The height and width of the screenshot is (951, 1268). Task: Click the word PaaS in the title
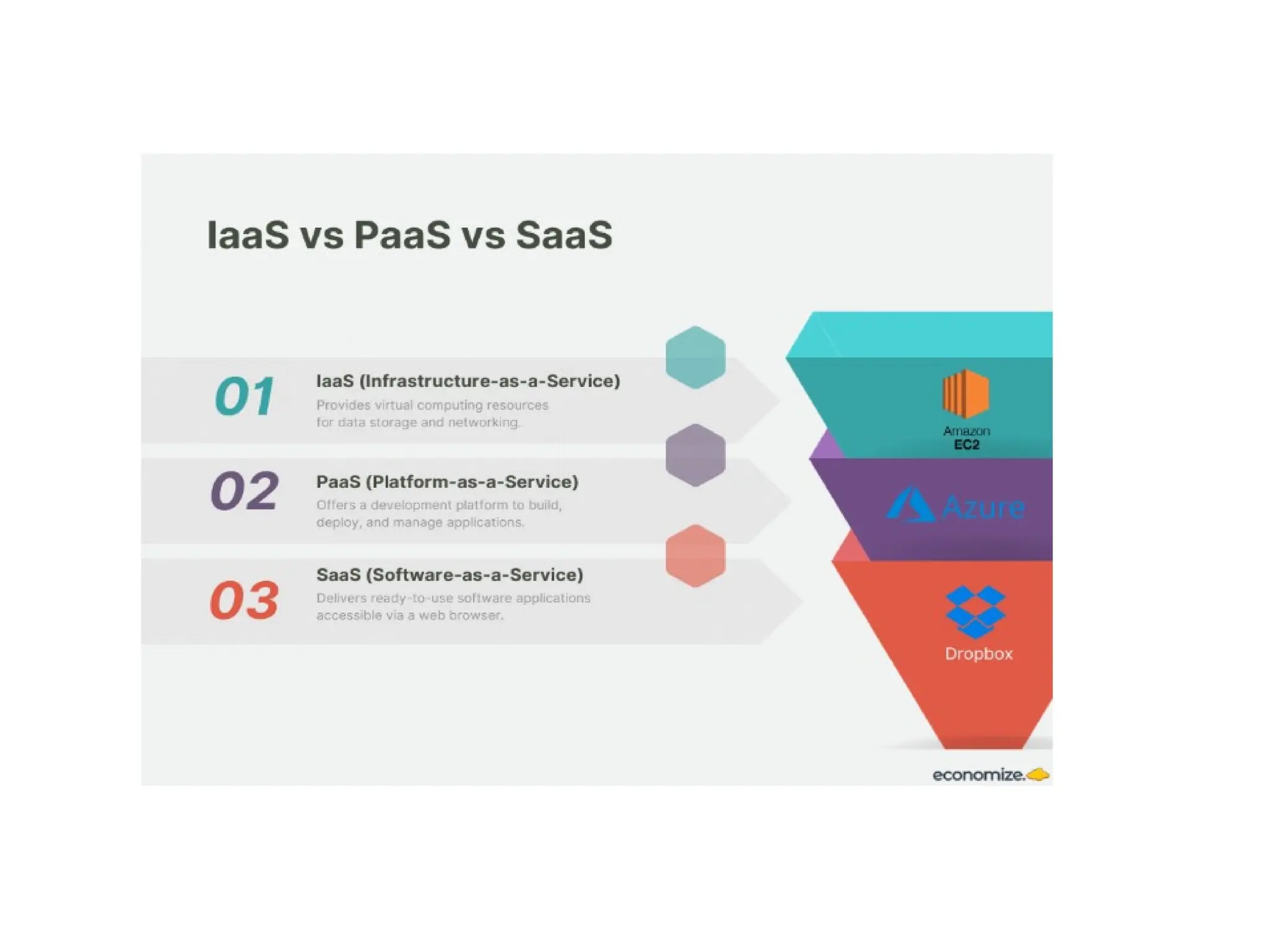point(402,235)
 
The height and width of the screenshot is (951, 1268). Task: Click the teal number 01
point(245,396)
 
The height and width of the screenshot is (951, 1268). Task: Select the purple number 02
point(245,491)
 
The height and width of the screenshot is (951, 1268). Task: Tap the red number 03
point(245,600)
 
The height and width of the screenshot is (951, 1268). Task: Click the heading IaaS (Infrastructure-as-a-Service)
point(468,381)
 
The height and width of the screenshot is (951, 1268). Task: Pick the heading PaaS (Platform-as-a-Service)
point(447,482)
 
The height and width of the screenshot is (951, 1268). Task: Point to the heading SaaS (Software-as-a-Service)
point(449,575)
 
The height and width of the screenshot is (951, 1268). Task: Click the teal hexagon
point(695,357)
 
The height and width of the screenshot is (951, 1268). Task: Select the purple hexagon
point(695,455)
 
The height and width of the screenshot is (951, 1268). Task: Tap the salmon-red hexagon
point(695,555)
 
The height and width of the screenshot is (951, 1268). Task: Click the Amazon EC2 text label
point(966,438)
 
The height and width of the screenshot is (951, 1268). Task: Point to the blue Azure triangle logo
point(910,505)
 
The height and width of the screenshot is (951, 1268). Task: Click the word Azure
point(983,508)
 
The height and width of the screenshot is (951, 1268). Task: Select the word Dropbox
point(979,654)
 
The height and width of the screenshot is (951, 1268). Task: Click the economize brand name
point(978,775)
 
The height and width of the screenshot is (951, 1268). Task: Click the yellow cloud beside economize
point(1038,774)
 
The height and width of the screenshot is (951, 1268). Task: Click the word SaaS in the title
point(564,235)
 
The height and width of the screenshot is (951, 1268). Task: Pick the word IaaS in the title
point(248,235)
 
